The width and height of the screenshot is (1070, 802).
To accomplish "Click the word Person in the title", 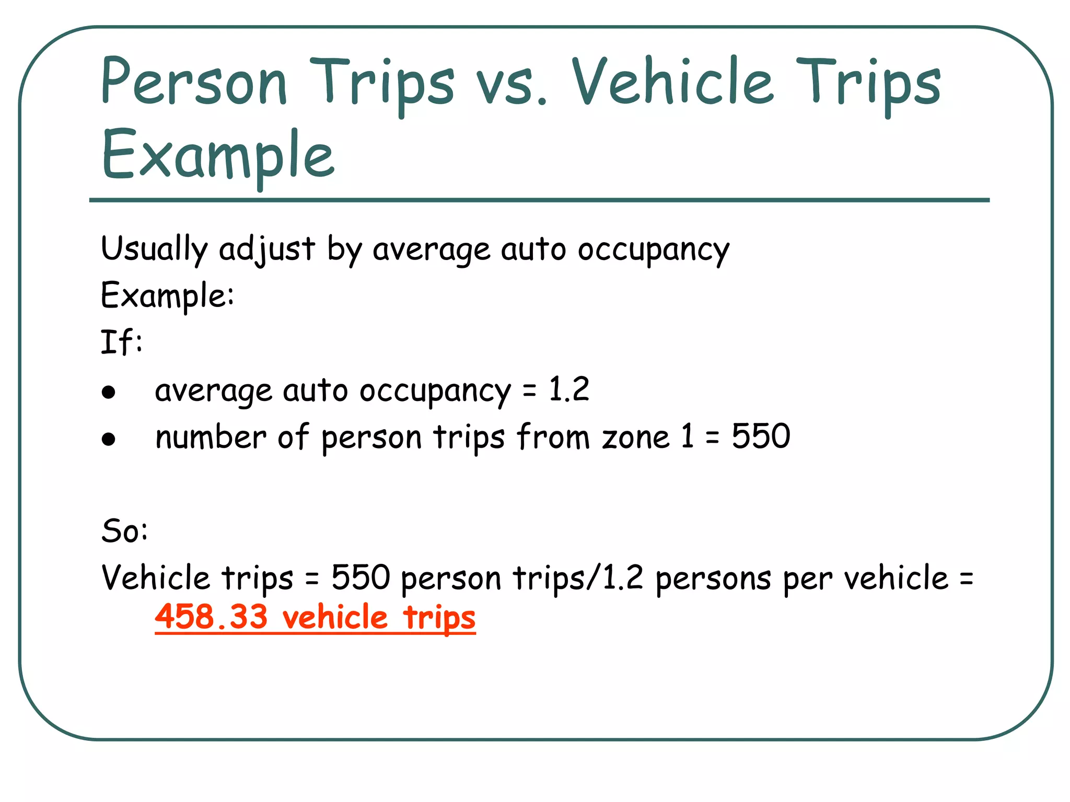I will point(194,82).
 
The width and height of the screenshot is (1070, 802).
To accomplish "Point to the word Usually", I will point(154,249).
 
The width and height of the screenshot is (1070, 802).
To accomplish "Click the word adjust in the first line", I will point(266,249).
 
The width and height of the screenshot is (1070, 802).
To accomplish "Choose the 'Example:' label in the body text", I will point(167,296).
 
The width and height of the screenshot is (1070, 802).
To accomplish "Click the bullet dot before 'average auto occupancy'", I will point(109,392).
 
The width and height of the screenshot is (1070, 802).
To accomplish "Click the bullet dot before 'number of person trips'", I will point(109,439).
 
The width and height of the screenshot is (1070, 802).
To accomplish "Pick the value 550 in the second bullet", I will point(761,437).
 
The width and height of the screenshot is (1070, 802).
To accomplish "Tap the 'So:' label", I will point(124,531).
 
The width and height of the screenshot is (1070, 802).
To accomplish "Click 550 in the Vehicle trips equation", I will point(360,578).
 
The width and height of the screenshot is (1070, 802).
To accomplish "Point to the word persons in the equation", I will point(713,579).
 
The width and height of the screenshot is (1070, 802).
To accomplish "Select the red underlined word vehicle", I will point(335,617).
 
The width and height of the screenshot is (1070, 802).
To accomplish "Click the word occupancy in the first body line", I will point(653,250).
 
